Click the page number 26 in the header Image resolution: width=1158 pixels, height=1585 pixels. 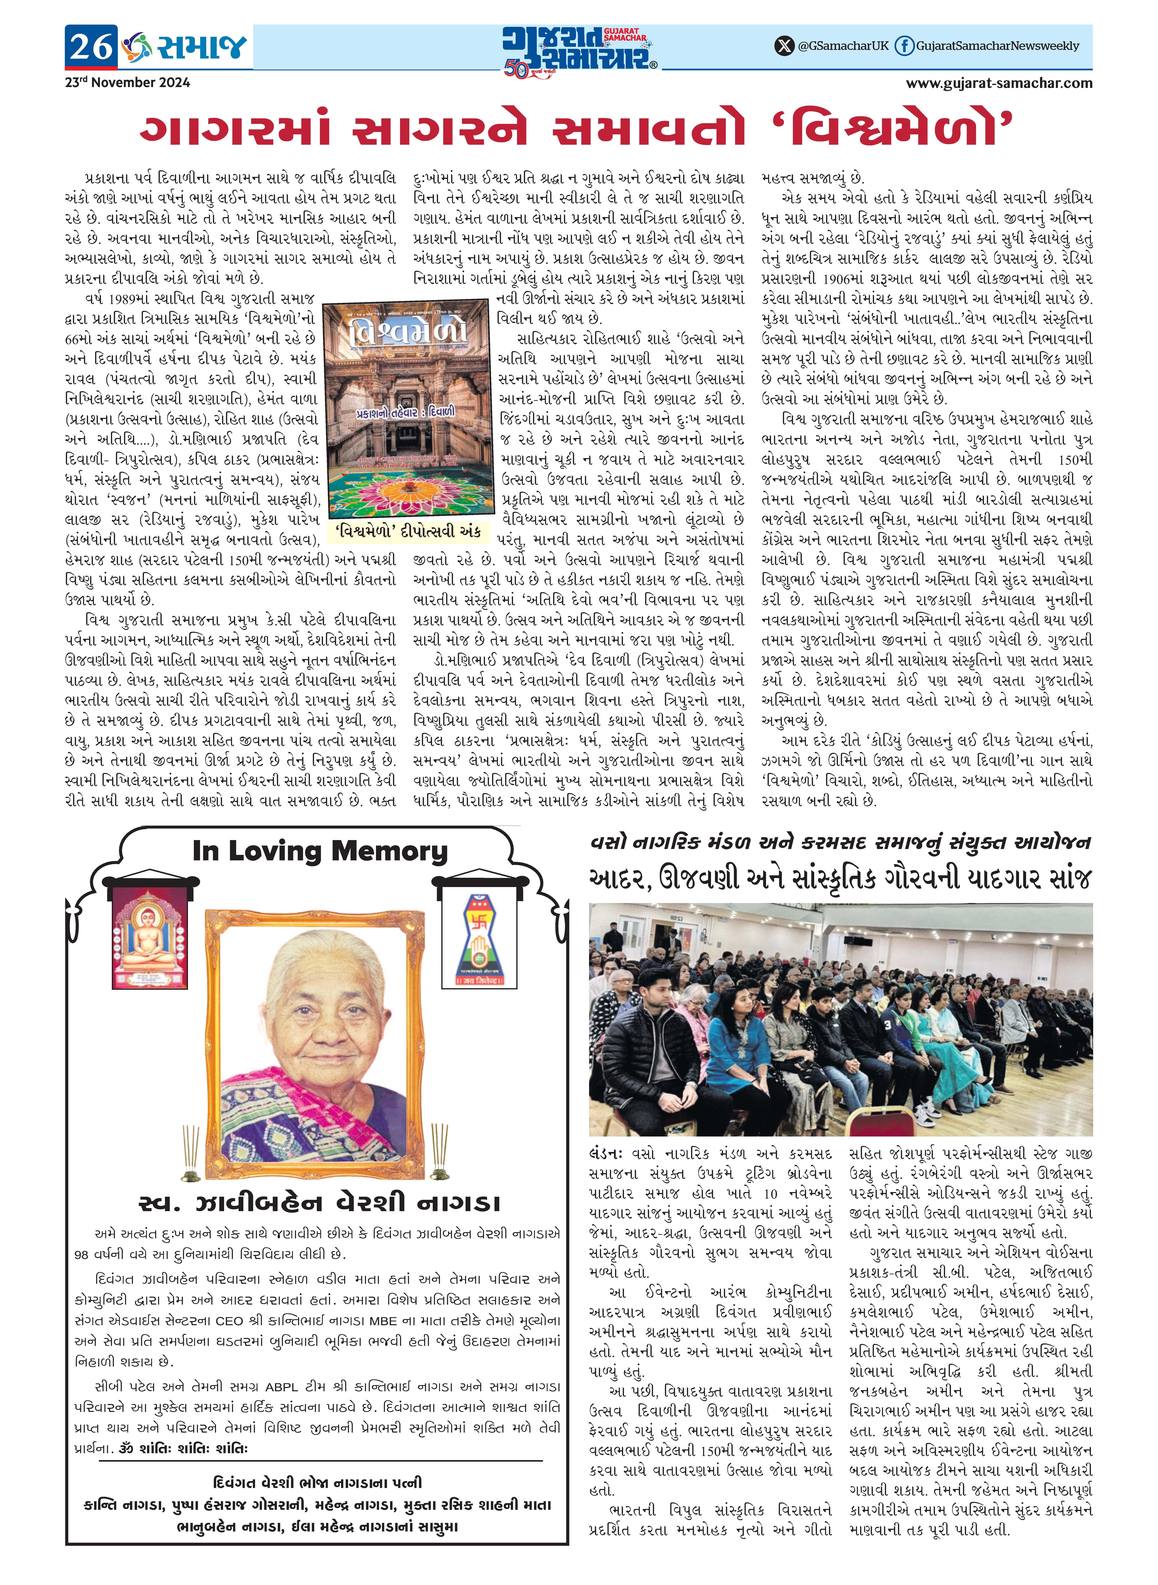tap(90, 47)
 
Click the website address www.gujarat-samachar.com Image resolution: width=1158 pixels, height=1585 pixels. tap(999, 83)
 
